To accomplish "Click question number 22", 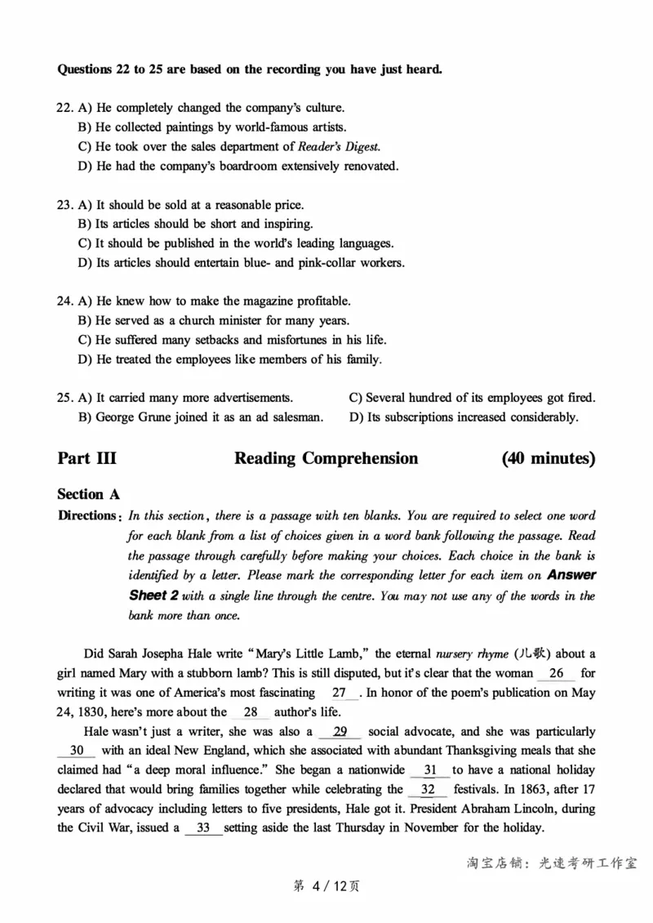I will pos(64,108).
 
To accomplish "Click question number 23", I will pos(64,205).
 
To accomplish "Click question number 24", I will pos(64,301).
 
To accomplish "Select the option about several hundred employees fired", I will pos(472,398).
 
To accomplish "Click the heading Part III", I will pos(87,458).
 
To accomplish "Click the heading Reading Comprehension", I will pos(326,458).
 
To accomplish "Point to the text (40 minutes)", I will pos(549,458).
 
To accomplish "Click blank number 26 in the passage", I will pos(556,674).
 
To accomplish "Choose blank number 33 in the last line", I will pos(203,828).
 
